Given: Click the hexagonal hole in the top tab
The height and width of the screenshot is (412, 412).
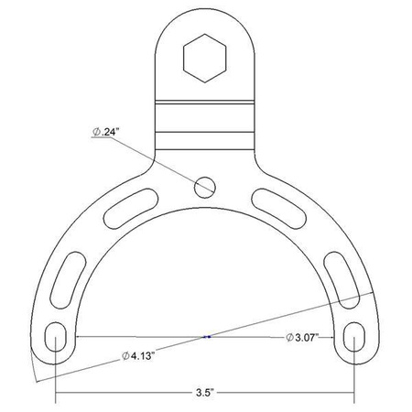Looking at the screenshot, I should [204, 58].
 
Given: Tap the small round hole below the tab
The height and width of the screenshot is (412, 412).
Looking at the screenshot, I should [205, 186].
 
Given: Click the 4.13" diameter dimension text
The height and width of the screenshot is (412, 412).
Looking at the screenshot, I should [140, 355].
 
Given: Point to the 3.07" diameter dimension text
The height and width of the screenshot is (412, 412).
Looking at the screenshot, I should [302, 337].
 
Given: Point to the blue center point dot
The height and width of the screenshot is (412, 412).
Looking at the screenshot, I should [208, 337].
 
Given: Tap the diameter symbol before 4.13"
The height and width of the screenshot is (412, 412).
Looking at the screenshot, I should [124, 355].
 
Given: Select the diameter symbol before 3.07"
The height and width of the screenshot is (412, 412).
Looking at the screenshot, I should [287, 337].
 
